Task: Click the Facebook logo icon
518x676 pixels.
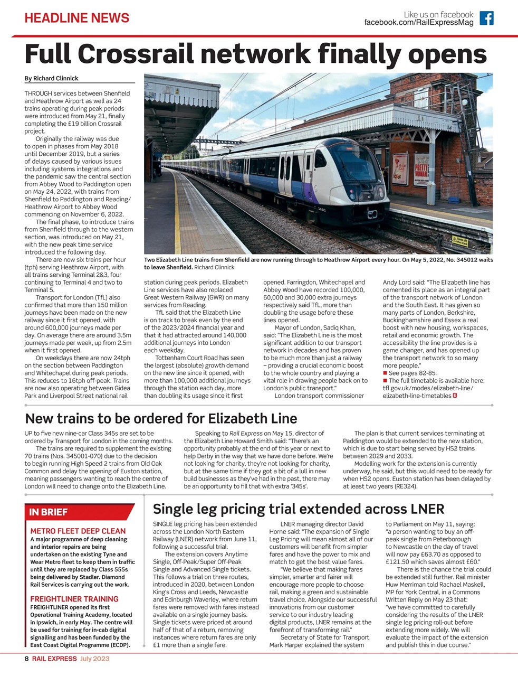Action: pyautogui.click(x=486, y=18)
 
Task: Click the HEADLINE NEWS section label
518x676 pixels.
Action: pyautogui.click(x=77, y=18)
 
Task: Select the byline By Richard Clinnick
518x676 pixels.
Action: pyautogui.click(x=51, y=78)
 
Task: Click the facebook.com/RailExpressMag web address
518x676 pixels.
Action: pyautogui.click(x=419, y=23)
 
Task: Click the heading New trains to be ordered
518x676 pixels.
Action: pyautogui.click(x=161, y=419)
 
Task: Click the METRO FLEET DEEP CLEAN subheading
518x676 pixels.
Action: pyautogui.click(x=78, y=531)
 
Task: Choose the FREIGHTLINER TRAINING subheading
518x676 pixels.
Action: pyautogui.click(x=74, y=599)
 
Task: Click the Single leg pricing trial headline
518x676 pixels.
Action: pyautogui.click(x=298, y=509)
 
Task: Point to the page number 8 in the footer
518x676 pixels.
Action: pyautogui.click(x=26, y=659)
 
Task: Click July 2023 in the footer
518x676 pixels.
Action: pyautogui.click(x=95, y=659)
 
